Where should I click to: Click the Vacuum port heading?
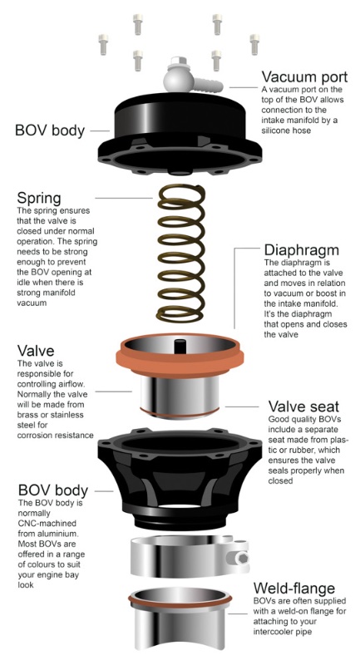[304, 76]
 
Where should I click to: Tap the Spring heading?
[39, 198]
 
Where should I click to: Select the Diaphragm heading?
[302, 250]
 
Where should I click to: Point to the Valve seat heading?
[303, 406]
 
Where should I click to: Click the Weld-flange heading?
[293, 589]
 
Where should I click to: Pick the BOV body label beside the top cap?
[50, 131]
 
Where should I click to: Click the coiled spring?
[181, 253]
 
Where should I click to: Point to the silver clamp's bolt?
[242, 558]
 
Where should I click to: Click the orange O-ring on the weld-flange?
[180, 598]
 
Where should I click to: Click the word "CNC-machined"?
[41, 524]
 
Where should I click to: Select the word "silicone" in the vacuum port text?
[277, 131]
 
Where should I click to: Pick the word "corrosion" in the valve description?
[33, 435]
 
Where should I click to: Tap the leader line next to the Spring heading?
[123, 198]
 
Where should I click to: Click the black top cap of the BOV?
[180, 134]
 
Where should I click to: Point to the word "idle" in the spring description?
[23, 282]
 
